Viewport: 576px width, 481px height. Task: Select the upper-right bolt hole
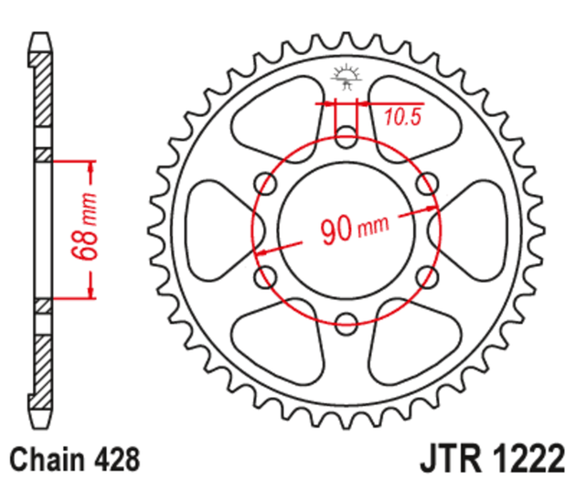(x=423, y=185)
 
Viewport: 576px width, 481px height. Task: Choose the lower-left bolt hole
(x=268, y=274)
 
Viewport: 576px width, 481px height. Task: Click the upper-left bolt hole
(x=268, y=185)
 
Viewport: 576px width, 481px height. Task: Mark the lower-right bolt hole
(x=423, y=274)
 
